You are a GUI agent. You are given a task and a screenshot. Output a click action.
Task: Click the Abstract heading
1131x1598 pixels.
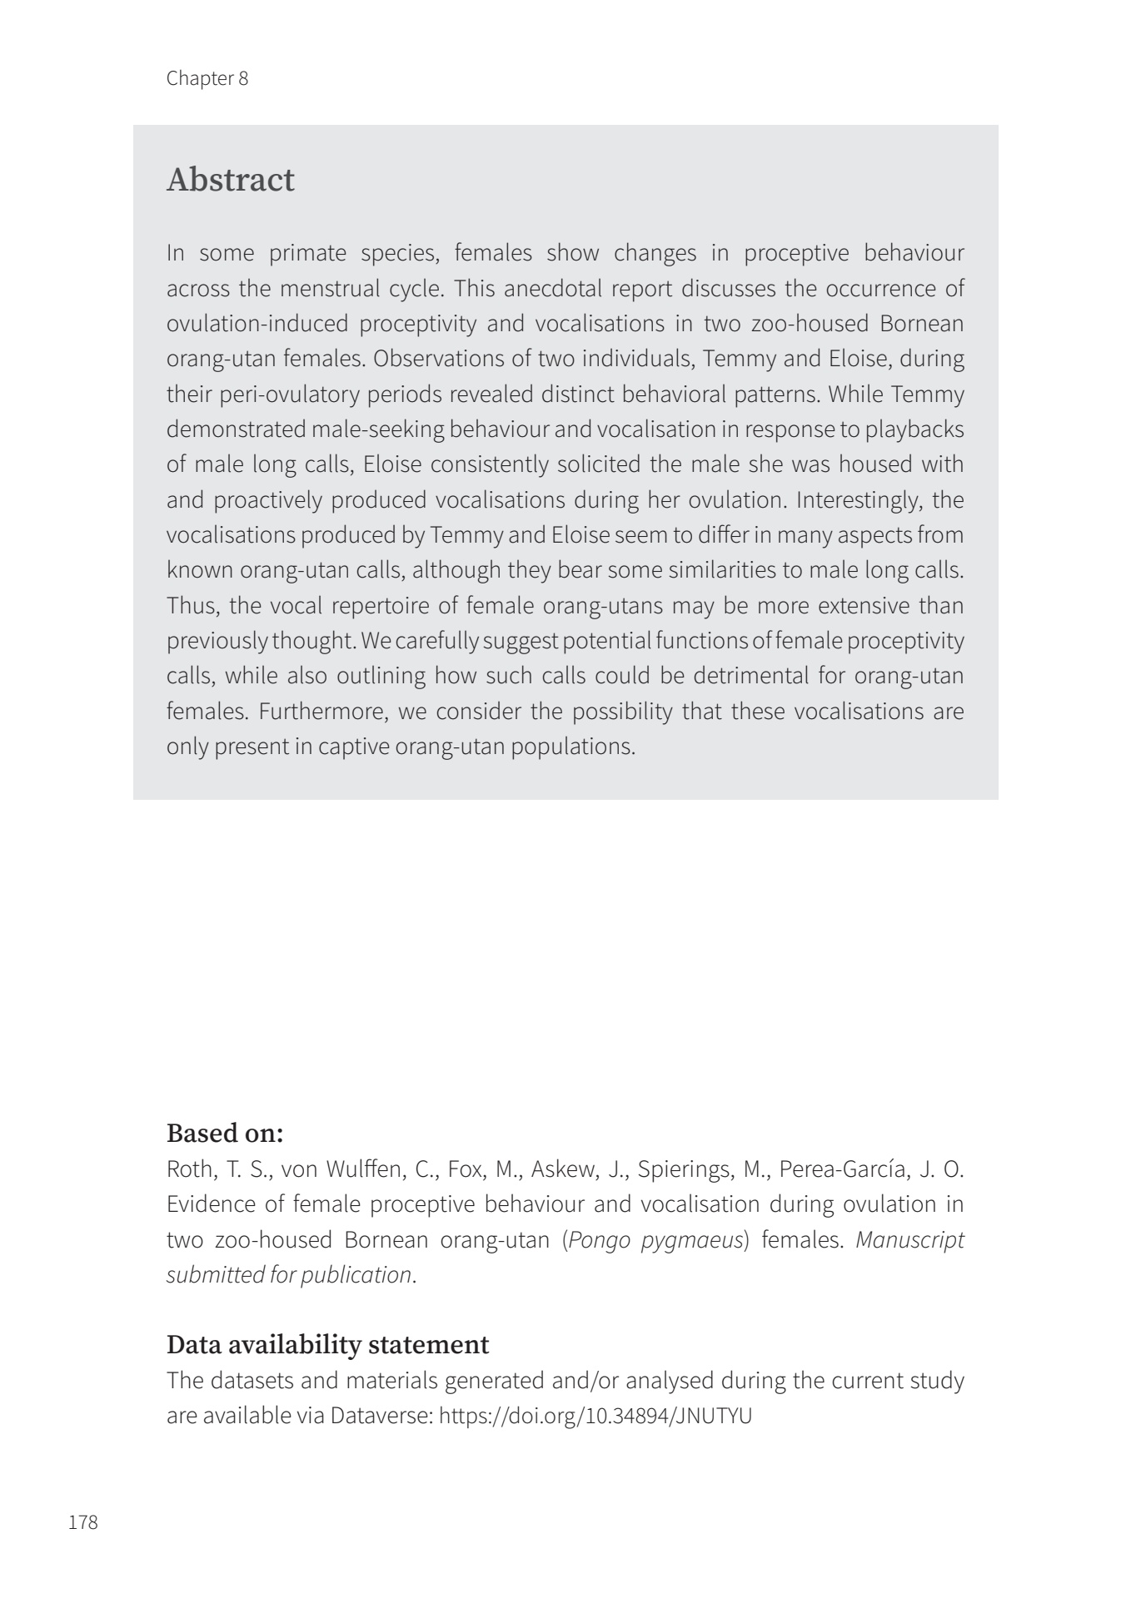coord(231,180)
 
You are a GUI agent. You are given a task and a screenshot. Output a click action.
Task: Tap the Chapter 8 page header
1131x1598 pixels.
coord(207,78)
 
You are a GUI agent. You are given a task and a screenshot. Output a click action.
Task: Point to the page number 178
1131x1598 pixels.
coord(83,1522)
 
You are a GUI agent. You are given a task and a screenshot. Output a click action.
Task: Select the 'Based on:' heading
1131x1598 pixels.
coord(225,1133)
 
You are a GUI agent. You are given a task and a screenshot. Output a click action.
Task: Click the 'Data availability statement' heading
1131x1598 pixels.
coord(327,1344)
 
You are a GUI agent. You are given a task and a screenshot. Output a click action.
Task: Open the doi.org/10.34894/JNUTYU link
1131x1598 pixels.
coord(595,1416)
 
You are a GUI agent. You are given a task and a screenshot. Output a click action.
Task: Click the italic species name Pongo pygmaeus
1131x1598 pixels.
coord(655,1239)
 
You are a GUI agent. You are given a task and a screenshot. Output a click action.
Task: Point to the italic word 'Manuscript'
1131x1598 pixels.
coord(909,1239)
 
